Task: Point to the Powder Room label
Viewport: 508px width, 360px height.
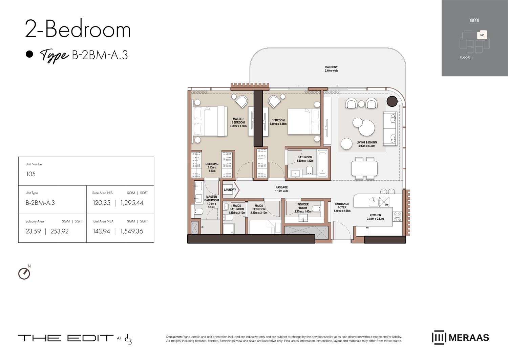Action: (x=303, y=206)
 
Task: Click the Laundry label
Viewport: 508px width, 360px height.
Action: (x=230, y=190)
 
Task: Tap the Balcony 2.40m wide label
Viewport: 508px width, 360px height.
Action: (x=331, y=69)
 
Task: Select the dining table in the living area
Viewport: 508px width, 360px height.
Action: (x=364, y=168)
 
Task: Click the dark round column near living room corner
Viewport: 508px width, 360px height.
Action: (x=392, y=101)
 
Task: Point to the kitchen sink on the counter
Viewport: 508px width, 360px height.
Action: (x=374, y=202)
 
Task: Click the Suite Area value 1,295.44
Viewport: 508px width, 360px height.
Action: (x=132, y=203)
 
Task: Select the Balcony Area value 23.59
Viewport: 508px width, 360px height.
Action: (x=33, y=231)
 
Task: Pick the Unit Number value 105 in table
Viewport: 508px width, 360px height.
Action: (x=31, y=174)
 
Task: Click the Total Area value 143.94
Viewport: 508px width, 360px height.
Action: (x=102, y=231)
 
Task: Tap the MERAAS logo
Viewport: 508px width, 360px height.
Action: (x=461, y=337)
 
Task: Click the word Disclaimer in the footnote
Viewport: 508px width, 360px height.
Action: (x=174, y=337)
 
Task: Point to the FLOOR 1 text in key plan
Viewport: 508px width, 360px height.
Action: (x=466, y=58)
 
